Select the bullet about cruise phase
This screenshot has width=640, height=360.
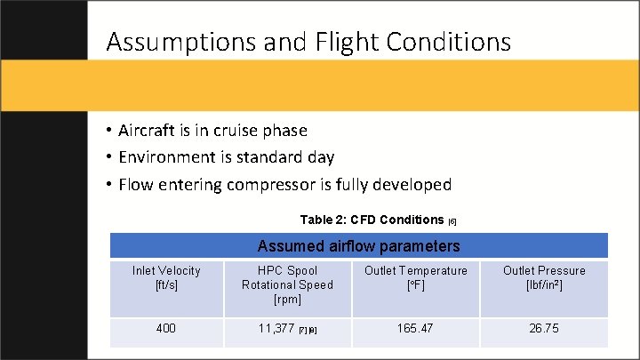tap(212, 131)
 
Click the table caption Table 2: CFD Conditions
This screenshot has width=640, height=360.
tap(372, 220)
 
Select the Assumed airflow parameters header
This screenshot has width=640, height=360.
tap(358, 245)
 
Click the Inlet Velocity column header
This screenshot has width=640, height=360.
tap(166, 270)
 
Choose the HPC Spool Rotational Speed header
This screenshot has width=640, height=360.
tap(287, 284)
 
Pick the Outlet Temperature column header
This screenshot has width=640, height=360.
tap(414, 270)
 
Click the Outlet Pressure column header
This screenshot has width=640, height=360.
tap(544, 270)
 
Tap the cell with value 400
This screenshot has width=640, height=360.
tap(166, 329)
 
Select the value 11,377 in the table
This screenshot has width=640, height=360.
tap(276, 329)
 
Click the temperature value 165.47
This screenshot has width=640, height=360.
tap(414, 329)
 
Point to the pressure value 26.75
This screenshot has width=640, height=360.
tap(544, 329)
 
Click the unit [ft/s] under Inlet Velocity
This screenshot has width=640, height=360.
tap(166, 284)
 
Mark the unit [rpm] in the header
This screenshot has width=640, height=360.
tap(287, 300)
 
